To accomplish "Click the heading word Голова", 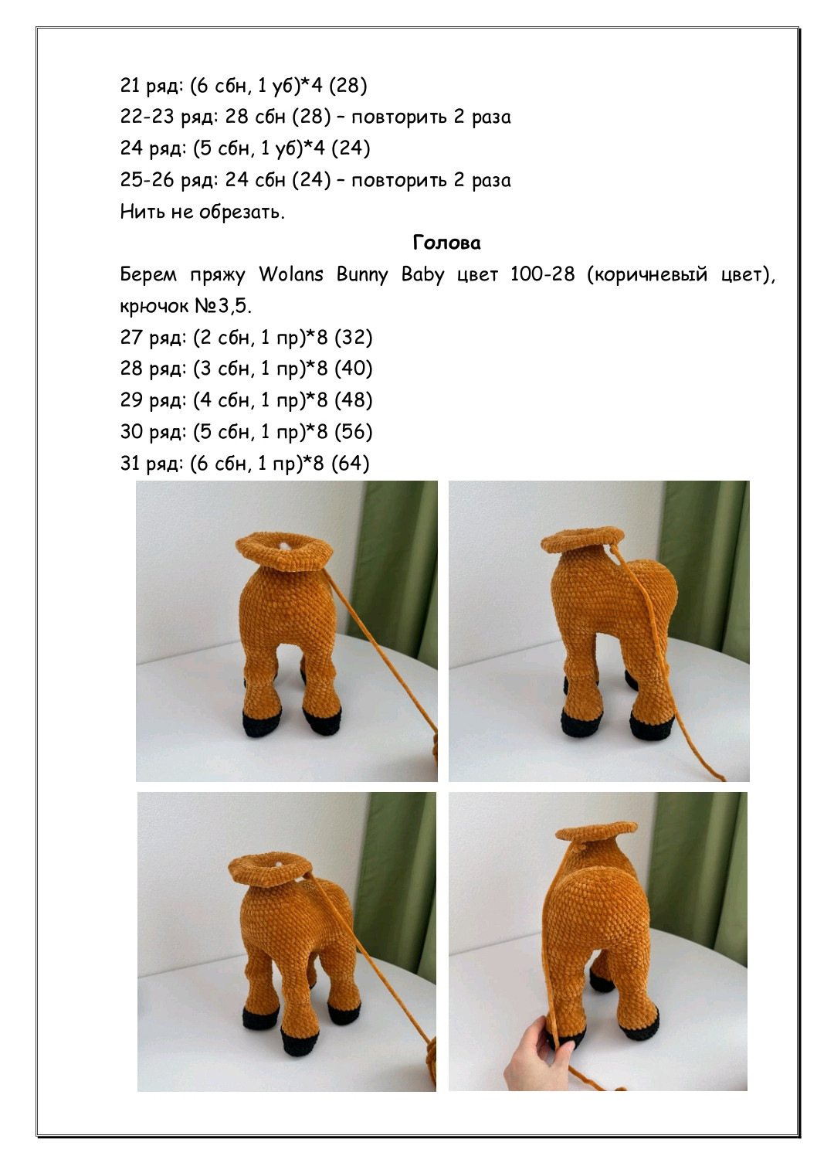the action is click(446, 243).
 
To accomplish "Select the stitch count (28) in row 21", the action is click(347, 85).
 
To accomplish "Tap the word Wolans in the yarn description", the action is click(291, 274).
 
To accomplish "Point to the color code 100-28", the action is click(542, 274).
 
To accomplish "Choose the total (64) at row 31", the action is click(351, 464).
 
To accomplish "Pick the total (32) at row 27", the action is click(354, 338).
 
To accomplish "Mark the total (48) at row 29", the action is click(354, 400).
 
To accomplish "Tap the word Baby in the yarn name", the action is click(422, 275).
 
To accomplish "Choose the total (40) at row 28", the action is click(354, 369).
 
